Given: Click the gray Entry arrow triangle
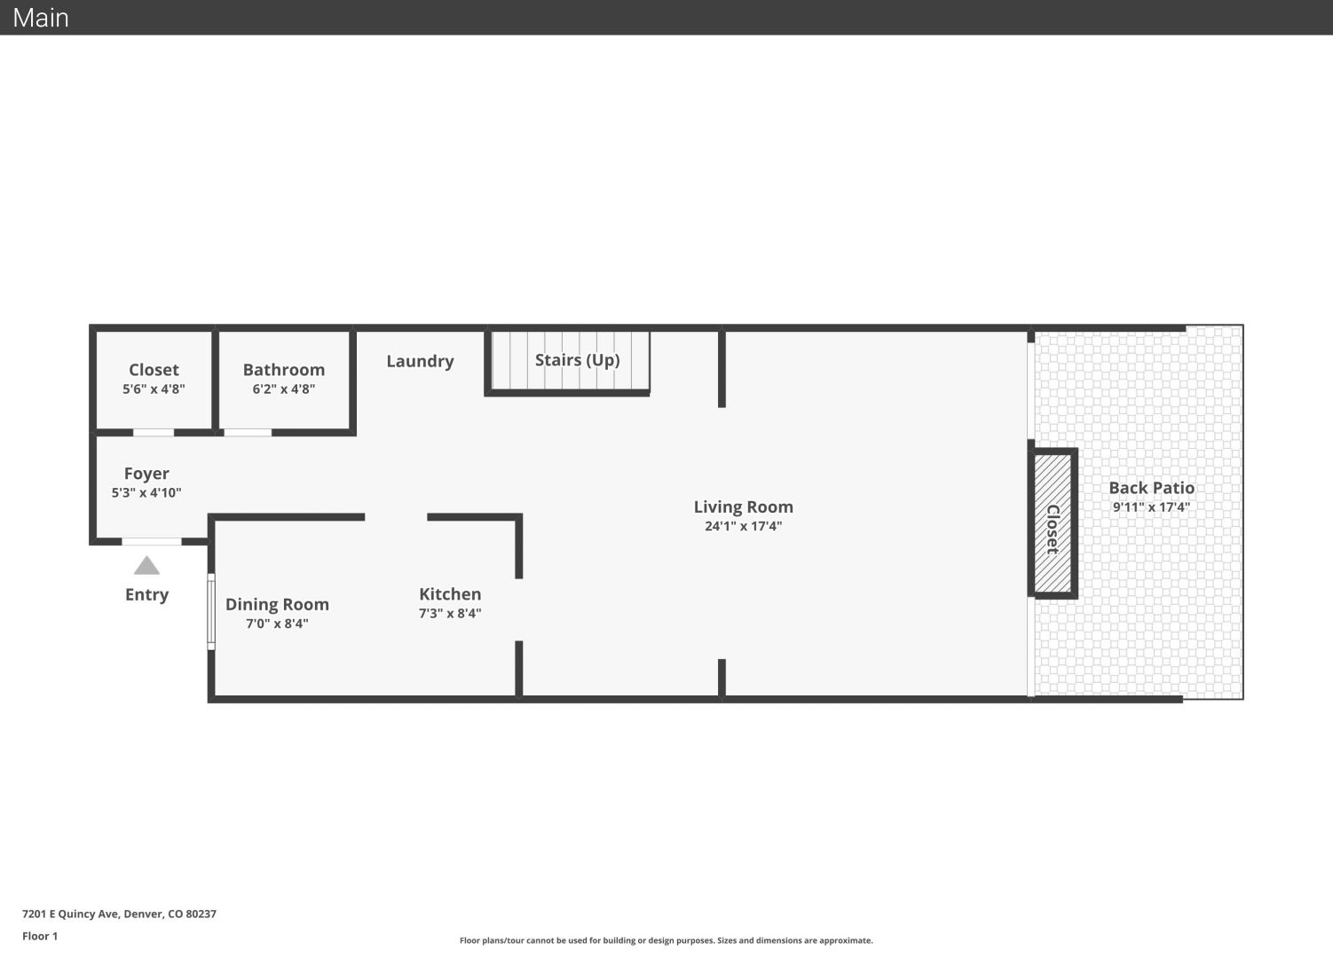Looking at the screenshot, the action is tap(146, 566).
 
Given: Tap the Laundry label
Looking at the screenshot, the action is tap(420, 362).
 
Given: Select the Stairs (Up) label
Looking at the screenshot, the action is tap(577, 360).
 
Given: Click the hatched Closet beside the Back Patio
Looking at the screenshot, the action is tap(1053, 523).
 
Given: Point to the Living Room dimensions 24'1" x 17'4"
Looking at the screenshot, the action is tap(743, 526).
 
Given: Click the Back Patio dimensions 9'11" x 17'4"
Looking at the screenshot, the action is tap(1151, 507).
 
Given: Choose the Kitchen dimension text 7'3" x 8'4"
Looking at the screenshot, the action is tap(450, 613).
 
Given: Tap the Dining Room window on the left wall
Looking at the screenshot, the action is tap(210, 611).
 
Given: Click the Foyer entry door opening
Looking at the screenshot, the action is tap(152, 541).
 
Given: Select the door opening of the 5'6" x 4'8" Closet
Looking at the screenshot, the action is tap(154, 432).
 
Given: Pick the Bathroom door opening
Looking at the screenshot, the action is tap(248, 432).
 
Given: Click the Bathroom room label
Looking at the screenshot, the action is tap(284, 370).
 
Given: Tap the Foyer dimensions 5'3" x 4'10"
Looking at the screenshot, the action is tap(146, 492).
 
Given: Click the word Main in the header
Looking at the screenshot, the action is tap(41, 18).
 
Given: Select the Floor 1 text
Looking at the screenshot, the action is tap(40, 936).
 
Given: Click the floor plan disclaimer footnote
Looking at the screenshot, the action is tap(666, 940).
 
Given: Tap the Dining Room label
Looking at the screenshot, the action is tap(277, 604).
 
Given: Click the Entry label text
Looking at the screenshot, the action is tap(146, 594).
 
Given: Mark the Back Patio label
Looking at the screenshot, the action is tap(1151, 488).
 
